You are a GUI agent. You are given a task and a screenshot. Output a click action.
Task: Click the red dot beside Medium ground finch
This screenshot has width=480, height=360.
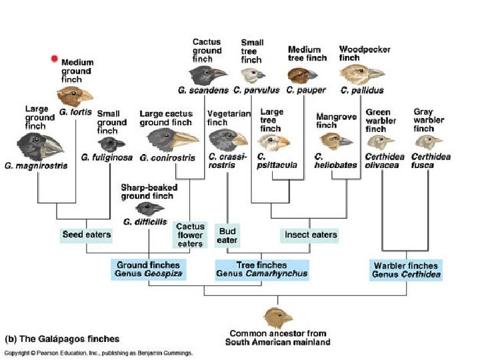[x=55, y=59]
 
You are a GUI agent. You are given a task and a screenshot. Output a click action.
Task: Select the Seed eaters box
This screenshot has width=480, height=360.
[x=87, y=235]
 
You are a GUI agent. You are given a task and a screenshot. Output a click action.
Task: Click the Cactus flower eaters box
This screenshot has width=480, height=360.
[x=190, y=235]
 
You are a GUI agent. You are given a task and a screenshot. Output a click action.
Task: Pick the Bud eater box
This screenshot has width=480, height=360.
[x=227, y=235]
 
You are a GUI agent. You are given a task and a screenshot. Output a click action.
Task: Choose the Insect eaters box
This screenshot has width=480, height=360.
[x=311, y=235]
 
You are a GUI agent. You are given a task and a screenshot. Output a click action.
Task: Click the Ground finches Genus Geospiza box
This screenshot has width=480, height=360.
[x=147, y=269]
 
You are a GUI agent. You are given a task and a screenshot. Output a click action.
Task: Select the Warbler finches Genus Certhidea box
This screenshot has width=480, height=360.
[x=407, y=269]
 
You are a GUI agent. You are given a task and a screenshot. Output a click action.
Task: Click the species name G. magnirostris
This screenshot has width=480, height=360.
[x=36, y=165]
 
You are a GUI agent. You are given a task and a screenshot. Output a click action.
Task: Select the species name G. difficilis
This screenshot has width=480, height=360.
[x=144, y=221]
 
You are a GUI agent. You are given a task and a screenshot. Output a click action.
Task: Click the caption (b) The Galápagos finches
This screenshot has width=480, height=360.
[x=63, y=339]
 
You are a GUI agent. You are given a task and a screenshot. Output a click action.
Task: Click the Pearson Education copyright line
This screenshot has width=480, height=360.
[x=99, y=353]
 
